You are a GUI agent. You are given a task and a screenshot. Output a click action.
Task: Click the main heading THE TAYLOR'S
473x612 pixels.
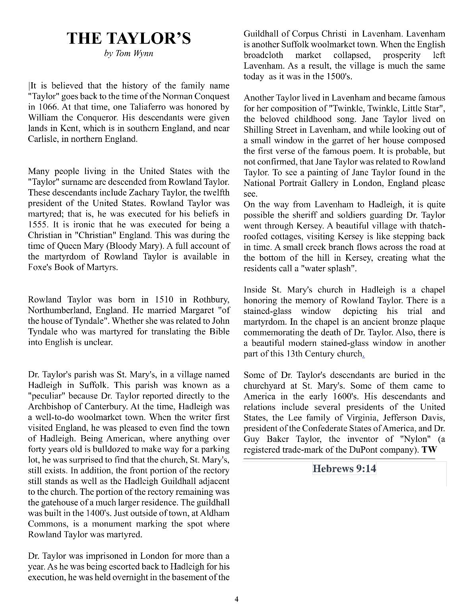(x=129, y=39)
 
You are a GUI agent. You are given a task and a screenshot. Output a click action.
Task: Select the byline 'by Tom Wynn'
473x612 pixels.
(x=129, y=53)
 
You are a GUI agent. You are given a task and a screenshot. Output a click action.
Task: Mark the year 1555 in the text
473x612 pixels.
(x=37, y=225)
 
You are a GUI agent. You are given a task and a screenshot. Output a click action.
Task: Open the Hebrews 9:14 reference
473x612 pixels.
(x=344, y=469)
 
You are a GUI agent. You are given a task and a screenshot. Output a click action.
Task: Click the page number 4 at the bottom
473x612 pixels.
(x=236, y=599)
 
